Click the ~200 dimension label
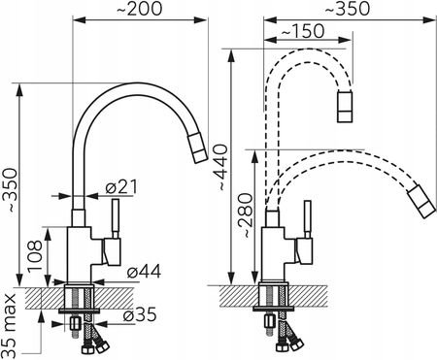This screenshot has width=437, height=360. click(139, 9)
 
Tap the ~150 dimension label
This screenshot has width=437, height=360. click(302, 31)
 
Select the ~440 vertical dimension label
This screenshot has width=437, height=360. click(221, 167)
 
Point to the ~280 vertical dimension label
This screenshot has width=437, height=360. click(245, 215)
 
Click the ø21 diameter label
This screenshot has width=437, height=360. click(121, 186)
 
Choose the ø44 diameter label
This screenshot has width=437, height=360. click(144, 272)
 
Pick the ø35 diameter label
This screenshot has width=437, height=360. click(140, 313)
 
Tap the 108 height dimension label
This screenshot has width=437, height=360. click(35, 256)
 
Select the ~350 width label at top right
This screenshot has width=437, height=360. click(347, 9)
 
